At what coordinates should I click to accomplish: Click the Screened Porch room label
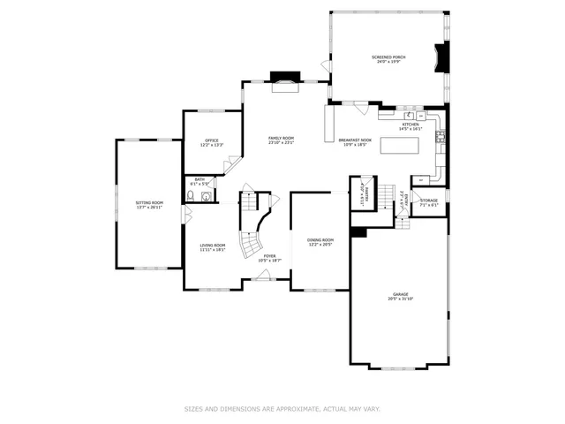point(388,57)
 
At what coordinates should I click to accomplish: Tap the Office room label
point(212,140)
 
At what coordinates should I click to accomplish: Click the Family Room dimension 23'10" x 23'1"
point(282,143)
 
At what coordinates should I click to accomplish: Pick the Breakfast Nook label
point(355,140)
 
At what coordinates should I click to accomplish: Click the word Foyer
point(269,255)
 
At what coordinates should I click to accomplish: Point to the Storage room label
point(428,201)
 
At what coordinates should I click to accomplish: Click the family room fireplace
point(284,80)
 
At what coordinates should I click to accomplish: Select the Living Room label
point(212,245)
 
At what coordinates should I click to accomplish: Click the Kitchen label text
point(411,125)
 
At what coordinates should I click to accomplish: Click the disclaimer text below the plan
point(282,409)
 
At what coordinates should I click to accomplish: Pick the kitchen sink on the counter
point(410,116)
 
